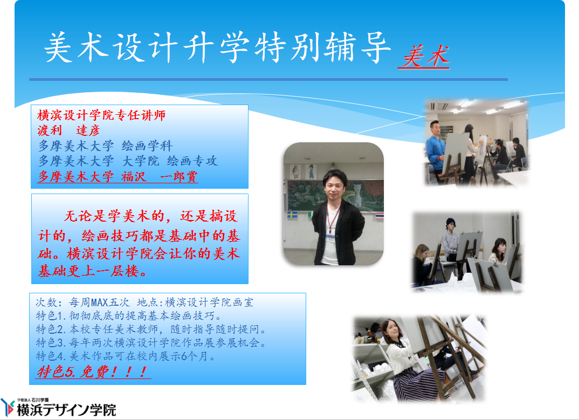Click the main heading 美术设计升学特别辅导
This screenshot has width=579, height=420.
pyautogui.click(x=217, y=47)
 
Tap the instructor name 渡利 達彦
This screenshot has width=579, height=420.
pyautogui.click(x=68, y=130)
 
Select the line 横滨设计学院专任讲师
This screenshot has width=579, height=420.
pyautogui.click(x=101, y=115)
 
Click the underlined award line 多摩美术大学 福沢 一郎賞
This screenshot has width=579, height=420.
pyautogui.click(x=118, y=176)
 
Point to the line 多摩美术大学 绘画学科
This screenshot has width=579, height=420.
pyautogui.click(x=105, y=146)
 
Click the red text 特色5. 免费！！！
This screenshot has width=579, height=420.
pyautogui.click(x=94, y=371)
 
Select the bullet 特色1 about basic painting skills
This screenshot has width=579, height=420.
pyautogui.click(x=129, y=316)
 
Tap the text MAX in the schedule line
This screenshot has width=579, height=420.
pyautogui.click(x=100, y=302)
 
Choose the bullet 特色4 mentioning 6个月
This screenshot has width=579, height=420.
pyautogui.click(x=126, y=356)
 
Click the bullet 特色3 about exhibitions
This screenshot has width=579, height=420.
pyautogui.click(x=151, y=343)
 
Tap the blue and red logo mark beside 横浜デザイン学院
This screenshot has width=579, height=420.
pyautogui.click(x=8, y=408)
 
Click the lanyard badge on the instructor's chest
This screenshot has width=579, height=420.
pyautogui.click(x=330, y=238)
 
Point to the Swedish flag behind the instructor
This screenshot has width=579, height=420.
pyautogui.click(x=292, y=214)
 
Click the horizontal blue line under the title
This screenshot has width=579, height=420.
pyautogui.click(x=268, y=79)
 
